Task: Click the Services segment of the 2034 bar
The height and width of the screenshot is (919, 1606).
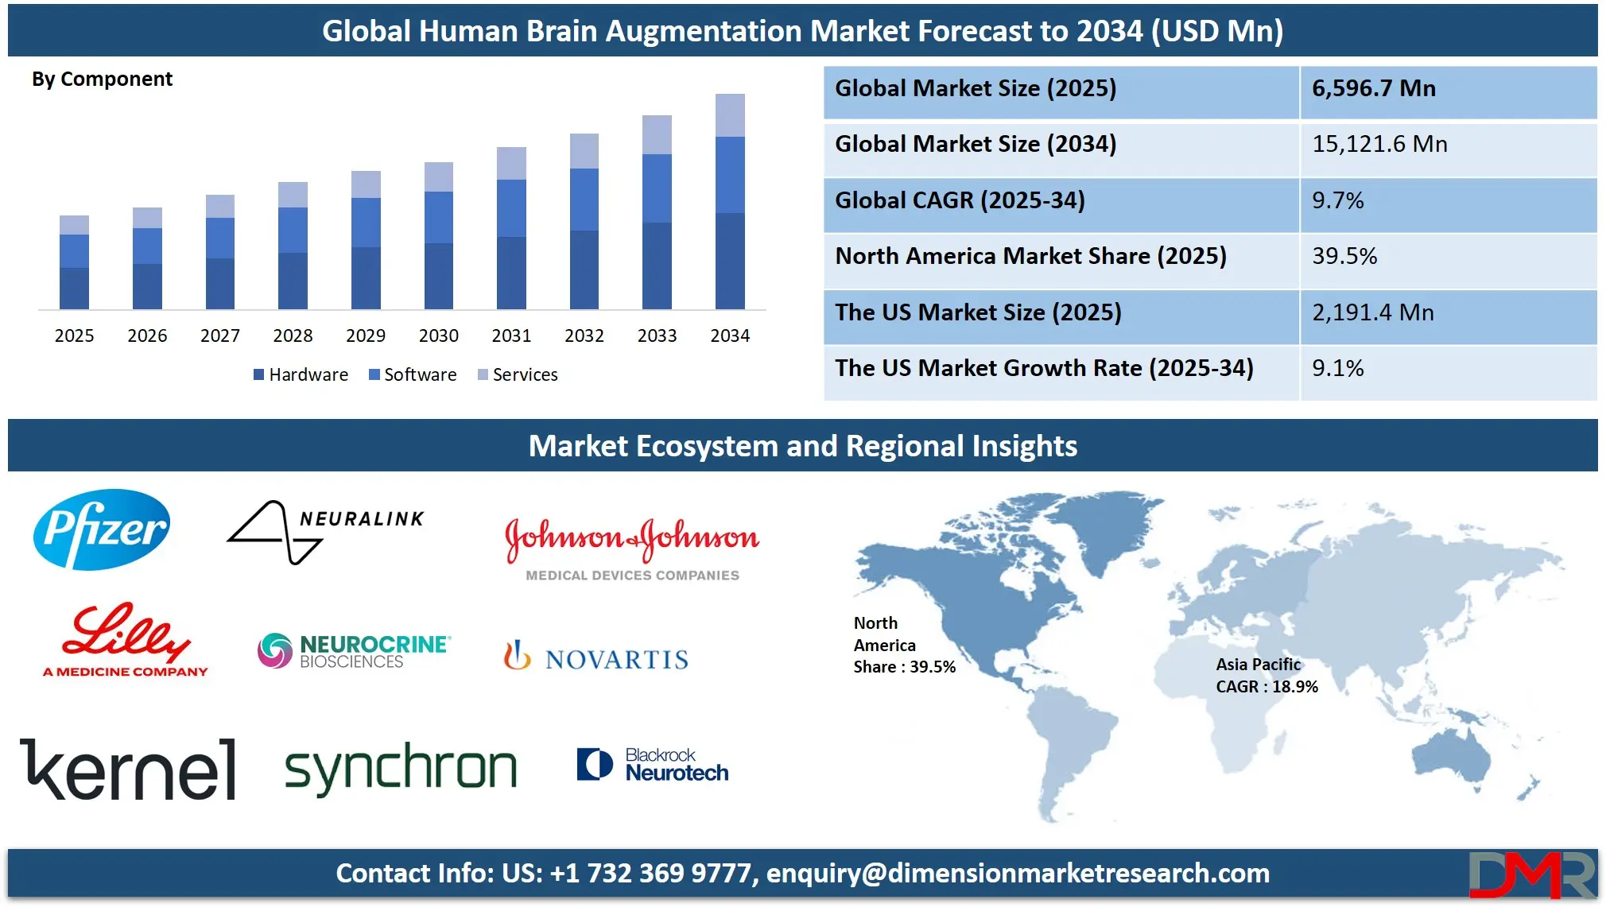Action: tap(730, 115)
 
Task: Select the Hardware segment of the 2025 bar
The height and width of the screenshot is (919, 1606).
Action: tap(74, 289)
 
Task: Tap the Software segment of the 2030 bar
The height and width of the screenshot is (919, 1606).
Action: tap(439, 217)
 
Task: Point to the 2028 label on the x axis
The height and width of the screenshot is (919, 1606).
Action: tap(293, 335)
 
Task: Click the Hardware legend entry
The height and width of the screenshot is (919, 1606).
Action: tap(301, 374)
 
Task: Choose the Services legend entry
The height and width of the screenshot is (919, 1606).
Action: tap(518, 374)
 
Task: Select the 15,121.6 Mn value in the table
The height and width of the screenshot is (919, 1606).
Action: tap(1379, 144)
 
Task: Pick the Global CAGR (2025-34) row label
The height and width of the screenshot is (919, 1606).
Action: tap(960, 200)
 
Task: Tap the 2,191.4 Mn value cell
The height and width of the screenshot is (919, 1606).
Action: tap(1373, 312)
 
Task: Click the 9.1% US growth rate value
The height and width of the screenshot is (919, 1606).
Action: tap(1338, 368)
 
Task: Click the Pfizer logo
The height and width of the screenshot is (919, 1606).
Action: tap(102, 529)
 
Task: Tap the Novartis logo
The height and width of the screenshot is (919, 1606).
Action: tap(596, 657)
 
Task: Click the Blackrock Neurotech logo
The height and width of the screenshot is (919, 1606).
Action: tap(653, 764)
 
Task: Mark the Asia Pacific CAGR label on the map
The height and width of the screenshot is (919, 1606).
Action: tap(1267, 676)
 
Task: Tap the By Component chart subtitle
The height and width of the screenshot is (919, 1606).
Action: tap(102, 79)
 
